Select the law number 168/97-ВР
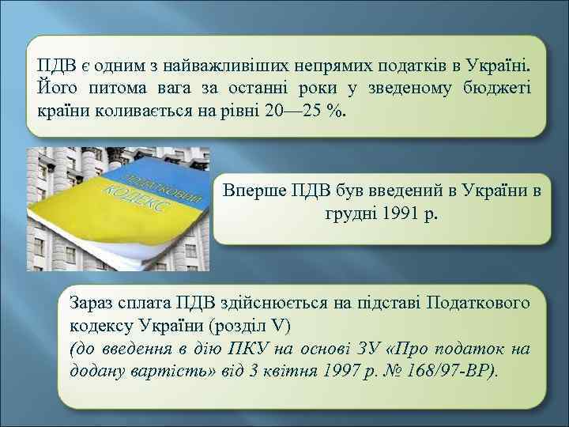(454, 372)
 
